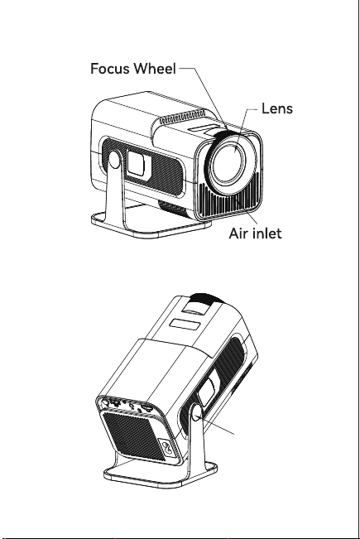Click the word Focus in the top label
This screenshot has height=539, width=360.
(x=110, y=69)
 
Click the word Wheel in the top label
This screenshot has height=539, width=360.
(x=155, y=69)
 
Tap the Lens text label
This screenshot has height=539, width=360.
(x=277, y=108)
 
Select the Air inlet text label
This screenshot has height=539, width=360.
(x=255, y=233)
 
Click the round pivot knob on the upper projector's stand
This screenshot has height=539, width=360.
(x=115, y=160)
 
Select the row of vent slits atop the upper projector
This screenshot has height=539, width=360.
(x=182, y=117)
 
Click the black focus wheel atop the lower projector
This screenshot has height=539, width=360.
(x=205, y=298)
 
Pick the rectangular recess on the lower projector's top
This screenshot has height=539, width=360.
(x=186, y=325)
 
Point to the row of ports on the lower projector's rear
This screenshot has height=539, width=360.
(x=128, y=406)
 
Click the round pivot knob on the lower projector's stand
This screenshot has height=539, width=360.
(x=197, y=412)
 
